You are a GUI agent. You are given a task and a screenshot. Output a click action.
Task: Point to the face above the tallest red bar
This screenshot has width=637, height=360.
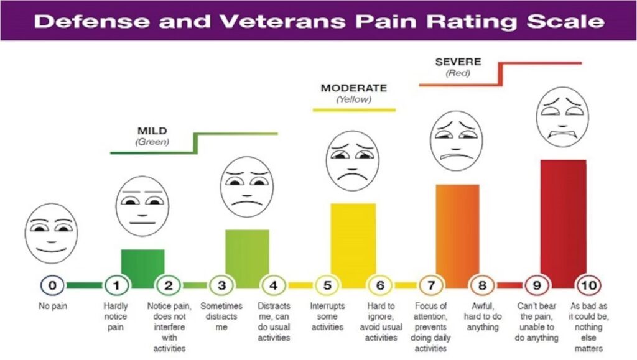[x=562, y=118]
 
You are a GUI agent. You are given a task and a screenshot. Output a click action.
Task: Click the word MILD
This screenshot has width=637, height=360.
[x=152, y=131]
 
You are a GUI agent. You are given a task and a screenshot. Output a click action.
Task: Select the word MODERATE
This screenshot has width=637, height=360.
[x=353, y=88]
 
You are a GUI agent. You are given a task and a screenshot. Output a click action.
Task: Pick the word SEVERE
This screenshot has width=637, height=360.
[x=458, y=62]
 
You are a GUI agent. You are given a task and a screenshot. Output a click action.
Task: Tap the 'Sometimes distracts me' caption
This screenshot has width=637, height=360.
[x=221, y=316]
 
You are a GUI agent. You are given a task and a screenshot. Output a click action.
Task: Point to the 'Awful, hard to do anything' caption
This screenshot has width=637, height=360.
[x=483, y=316]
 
